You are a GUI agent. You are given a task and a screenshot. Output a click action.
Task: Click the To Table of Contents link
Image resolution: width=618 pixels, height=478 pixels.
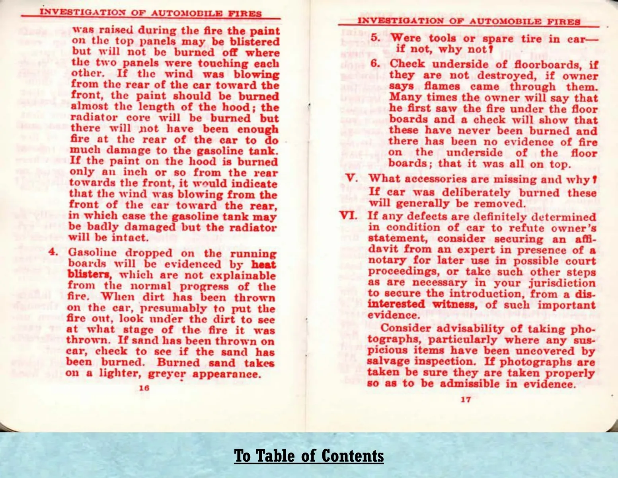click(309, 456)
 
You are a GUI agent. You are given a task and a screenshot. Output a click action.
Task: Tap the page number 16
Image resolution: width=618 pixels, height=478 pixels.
click(144, 388)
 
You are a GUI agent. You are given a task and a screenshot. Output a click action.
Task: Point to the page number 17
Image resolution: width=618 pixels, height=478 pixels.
click(466, 399)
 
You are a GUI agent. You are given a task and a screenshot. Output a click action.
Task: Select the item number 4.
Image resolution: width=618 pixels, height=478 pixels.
click(54, 252)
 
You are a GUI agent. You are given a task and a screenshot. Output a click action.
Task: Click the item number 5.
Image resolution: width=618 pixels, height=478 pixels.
click(375, 38)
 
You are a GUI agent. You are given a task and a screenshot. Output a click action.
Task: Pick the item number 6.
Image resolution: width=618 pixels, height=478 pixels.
click(375, 64)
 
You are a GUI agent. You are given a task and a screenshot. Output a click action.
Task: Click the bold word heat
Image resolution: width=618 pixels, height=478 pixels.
click(264, 264)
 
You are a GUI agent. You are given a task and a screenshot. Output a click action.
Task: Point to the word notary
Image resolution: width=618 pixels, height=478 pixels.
click(385, 261)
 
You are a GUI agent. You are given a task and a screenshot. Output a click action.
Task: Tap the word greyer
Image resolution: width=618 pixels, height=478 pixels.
click(167, 374)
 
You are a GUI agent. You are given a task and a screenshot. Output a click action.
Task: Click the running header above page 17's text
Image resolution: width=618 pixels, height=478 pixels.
click(468, 21)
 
